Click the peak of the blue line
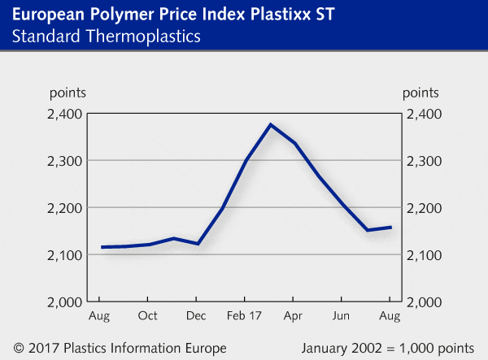tap(270, 124)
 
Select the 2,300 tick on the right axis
tap(425, 161)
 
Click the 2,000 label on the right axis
tap(425, 302)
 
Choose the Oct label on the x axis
tap(148, 315)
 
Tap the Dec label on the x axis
tap(196, 315)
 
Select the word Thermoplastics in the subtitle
tap(150, 37)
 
